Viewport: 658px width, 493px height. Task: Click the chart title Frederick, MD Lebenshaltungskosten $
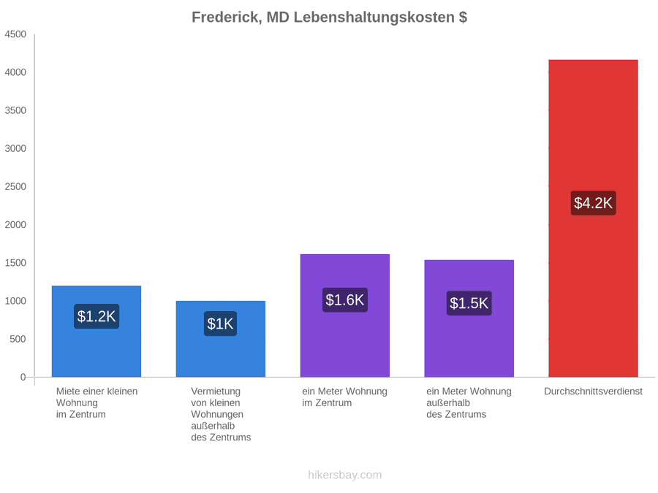coord(330,18)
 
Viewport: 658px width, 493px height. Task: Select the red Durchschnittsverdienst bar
coord(594,218)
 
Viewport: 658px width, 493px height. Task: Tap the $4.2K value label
coord(594,203)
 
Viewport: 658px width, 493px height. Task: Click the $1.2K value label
coord(97,316)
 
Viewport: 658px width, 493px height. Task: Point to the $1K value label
coord(220,324)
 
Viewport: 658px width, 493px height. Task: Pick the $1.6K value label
coord(345,299)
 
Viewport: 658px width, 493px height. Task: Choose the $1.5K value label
coord(469,303)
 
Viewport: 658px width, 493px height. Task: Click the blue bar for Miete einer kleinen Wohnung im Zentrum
coord(97,332)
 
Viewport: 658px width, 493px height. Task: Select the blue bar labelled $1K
coord(221,339)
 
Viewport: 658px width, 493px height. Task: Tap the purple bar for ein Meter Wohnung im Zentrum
coord(345,316)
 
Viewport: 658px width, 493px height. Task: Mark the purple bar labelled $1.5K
coord(469,318)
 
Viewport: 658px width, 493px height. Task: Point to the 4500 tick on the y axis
coord(15,34)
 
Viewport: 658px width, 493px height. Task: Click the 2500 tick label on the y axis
coord(15,186)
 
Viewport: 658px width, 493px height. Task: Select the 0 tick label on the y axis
coord(23,378)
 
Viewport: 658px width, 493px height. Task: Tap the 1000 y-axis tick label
coord(15,301)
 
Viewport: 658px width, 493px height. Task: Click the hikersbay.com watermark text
coord(345,475)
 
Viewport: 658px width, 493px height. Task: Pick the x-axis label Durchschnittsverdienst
coord(594,391)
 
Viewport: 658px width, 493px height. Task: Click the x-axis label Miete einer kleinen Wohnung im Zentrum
coord(97,403)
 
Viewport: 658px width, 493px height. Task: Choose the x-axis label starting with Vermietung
coord(221,414)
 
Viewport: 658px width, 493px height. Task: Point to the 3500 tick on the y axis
coord(15,110)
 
